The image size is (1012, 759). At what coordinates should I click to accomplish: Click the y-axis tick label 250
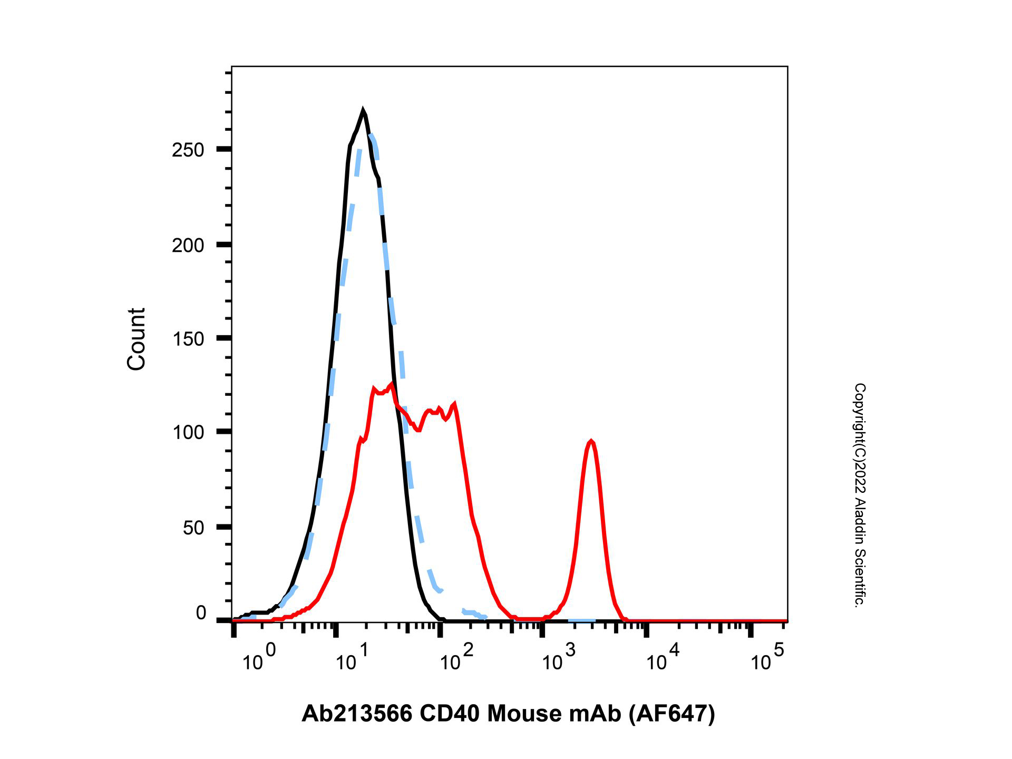point(188,150)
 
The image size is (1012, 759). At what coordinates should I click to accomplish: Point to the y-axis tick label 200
point(188,245)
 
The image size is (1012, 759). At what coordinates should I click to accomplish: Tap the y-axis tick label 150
point(188,339)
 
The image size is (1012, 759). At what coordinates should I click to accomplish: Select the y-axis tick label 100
point(188,432)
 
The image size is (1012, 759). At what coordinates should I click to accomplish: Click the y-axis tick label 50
point(193,528)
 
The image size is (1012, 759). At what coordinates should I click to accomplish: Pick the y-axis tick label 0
point(201,613)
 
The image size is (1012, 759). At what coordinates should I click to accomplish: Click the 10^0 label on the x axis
point(259,658)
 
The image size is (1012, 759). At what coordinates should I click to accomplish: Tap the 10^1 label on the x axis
point(352,658)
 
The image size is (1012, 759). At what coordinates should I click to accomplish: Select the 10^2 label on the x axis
point(456,658)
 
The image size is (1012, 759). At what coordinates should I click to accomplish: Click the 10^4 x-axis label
point(663,658)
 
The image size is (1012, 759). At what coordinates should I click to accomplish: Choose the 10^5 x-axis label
point(767,658)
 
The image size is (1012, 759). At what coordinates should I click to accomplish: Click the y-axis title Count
point(137,339)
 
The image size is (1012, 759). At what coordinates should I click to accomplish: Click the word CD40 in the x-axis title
point(450,714)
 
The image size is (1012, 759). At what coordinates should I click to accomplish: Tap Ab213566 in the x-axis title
point(357,714)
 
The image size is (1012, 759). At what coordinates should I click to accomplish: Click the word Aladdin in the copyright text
point(859,532)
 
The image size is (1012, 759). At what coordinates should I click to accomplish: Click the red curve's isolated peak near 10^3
point(591,441)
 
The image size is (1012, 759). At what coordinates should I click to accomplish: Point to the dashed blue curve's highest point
point(372,136)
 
